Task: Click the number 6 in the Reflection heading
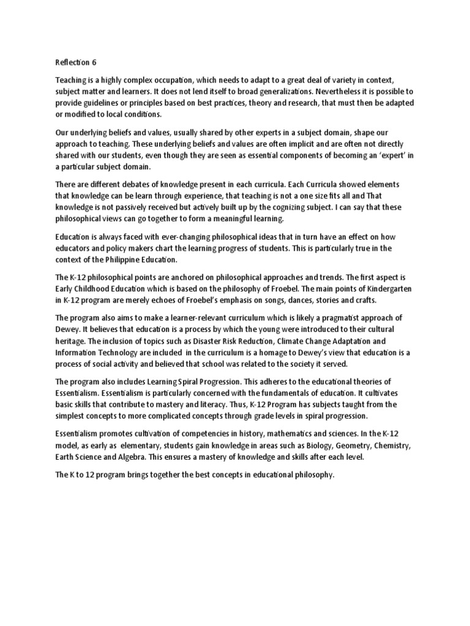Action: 94,62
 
